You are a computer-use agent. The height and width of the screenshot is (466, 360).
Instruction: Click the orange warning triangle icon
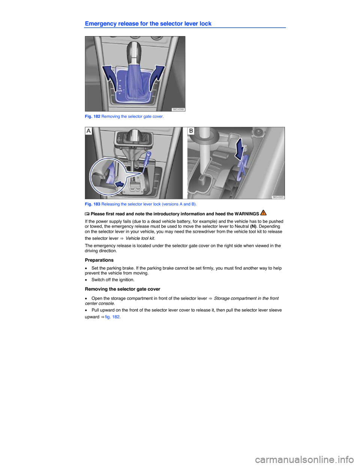pos(263,213)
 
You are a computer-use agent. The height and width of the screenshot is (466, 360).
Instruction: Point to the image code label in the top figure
pos(178,109)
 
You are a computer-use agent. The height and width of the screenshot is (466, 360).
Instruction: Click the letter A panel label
pos(89,131)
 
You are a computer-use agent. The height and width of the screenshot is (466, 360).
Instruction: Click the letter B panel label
pos(191,131)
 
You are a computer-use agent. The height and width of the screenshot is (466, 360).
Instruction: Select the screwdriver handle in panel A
pos(149,153)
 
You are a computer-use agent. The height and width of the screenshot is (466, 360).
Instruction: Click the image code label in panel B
pos(278,197)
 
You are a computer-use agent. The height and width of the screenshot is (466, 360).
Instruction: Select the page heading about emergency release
pos(148,24)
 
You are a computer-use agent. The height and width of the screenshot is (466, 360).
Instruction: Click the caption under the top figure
pos(124,117)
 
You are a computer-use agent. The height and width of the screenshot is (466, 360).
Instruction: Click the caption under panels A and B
pos(141,204)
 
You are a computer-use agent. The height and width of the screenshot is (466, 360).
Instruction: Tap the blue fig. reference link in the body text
pos(112,317)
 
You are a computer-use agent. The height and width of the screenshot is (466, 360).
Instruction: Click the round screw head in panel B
pos(258,133)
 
